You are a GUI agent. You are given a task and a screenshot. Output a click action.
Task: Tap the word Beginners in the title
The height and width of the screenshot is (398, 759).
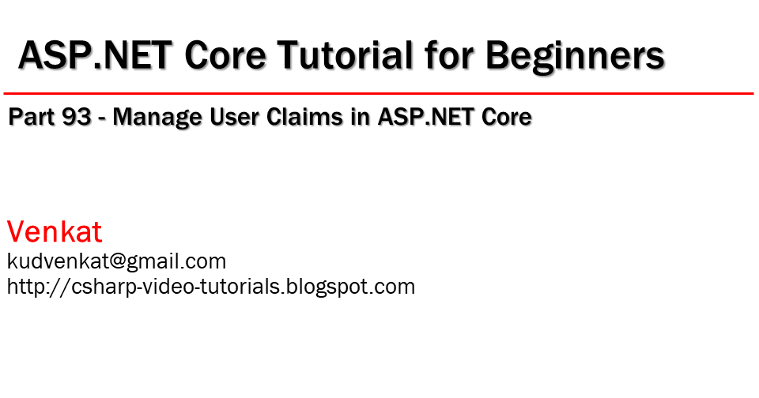(575, 57)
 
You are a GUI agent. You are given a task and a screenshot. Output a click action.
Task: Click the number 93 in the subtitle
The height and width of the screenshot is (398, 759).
(79, 118)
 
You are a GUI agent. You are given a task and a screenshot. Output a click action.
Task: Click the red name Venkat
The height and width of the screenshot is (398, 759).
(55, 232)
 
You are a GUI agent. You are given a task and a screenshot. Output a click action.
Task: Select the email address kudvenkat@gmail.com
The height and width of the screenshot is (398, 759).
(116, 261)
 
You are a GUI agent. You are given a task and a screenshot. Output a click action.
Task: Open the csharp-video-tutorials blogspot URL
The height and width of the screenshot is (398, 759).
(211, 287)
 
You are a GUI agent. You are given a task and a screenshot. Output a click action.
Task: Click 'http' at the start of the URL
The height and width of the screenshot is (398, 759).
(25, 287)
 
